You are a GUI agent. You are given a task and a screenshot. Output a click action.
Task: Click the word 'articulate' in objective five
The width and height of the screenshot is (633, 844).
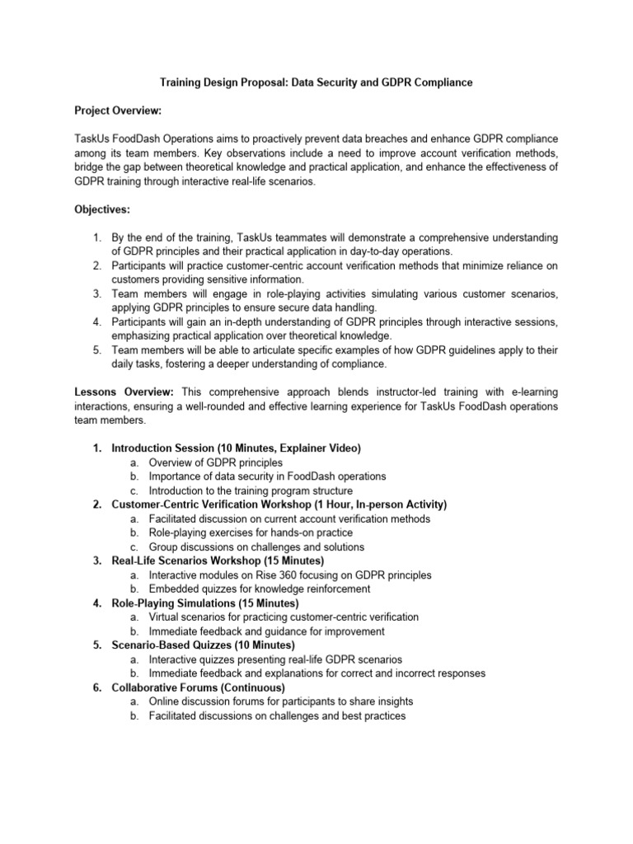(x=274, y=349)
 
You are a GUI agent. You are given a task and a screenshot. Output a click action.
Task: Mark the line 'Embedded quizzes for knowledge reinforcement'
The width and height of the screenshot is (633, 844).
(x=260, y=589)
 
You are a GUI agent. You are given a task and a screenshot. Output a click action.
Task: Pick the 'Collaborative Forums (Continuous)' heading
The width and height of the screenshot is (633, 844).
(x=198, y=687)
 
